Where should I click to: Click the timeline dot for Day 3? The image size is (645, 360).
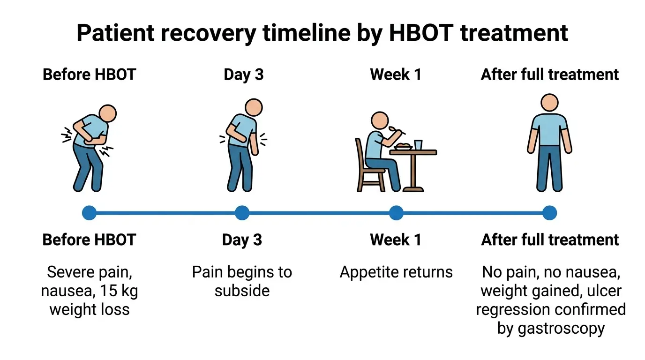tap(242, 213)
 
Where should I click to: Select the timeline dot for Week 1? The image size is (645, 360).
tap(396, 213)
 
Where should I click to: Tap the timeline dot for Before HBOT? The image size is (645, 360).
tap(89, 213)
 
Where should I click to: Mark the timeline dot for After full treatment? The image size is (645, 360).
tap(549, 213)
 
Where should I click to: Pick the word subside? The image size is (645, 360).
tap(242, 291)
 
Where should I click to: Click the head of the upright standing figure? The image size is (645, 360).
tap(549, 103)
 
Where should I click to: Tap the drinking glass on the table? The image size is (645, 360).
tap(418, 144)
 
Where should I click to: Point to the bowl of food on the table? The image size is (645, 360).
tap(403, 146)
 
